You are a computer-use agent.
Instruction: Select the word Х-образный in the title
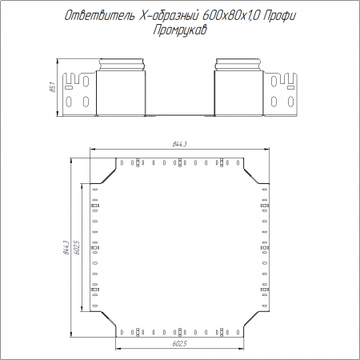[x=169, y=16]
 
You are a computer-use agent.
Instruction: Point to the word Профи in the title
[x=279, y=17]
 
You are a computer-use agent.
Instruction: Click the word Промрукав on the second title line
[x=180, y=30]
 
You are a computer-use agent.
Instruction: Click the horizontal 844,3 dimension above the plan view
[x=179, y=144]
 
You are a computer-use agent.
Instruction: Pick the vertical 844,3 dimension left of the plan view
[x=66, y=247]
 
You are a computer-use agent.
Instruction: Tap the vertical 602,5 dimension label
[x=77, y=247]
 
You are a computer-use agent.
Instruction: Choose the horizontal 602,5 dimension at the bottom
[x=179, y=344]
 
